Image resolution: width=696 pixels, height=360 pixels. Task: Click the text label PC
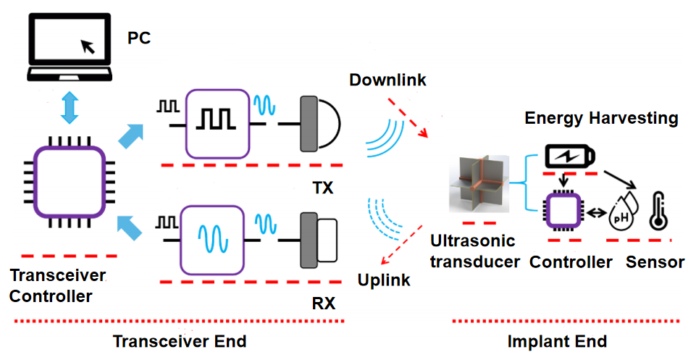pyautogui.click(x=139, y=37)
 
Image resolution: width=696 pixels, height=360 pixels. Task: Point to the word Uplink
pyautogui.click(x=384, y=280)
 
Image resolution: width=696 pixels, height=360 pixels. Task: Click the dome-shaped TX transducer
pyautogui.click(x=324, y=125)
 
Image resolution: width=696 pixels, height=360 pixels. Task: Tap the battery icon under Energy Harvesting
pyautogui.click(x=572, y=156)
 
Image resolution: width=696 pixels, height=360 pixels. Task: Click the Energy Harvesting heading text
pyautogui.click(x=601, y=117)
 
